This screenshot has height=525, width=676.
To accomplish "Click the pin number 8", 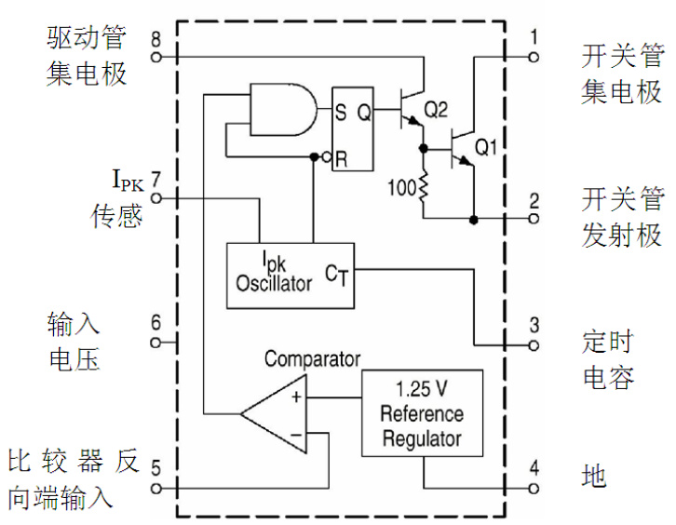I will click(x=155, y=40).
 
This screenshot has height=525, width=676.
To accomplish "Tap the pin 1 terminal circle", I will click(x=534, y=57).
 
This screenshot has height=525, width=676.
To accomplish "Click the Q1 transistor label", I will click(x=487, y=147).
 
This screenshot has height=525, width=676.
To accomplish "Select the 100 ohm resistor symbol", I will click(x=424, y=189).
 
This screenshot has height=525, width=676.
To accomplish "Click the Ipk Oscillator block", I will click(x=291, y=276).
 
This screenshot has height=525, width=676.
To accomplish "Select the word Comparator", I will click(x=312, y=358).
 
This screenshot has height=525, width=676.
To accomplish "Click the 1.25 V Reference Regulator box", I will click(x=422, y=413).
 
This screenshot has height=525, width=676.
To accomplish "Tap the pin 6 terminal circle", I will click(x=155, y=343).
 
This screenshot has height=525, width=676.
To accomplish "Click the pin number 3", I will click(x=534, y=326).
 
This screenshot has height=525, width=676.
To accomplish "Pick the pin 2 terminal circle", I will click(x=534, y=220).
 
